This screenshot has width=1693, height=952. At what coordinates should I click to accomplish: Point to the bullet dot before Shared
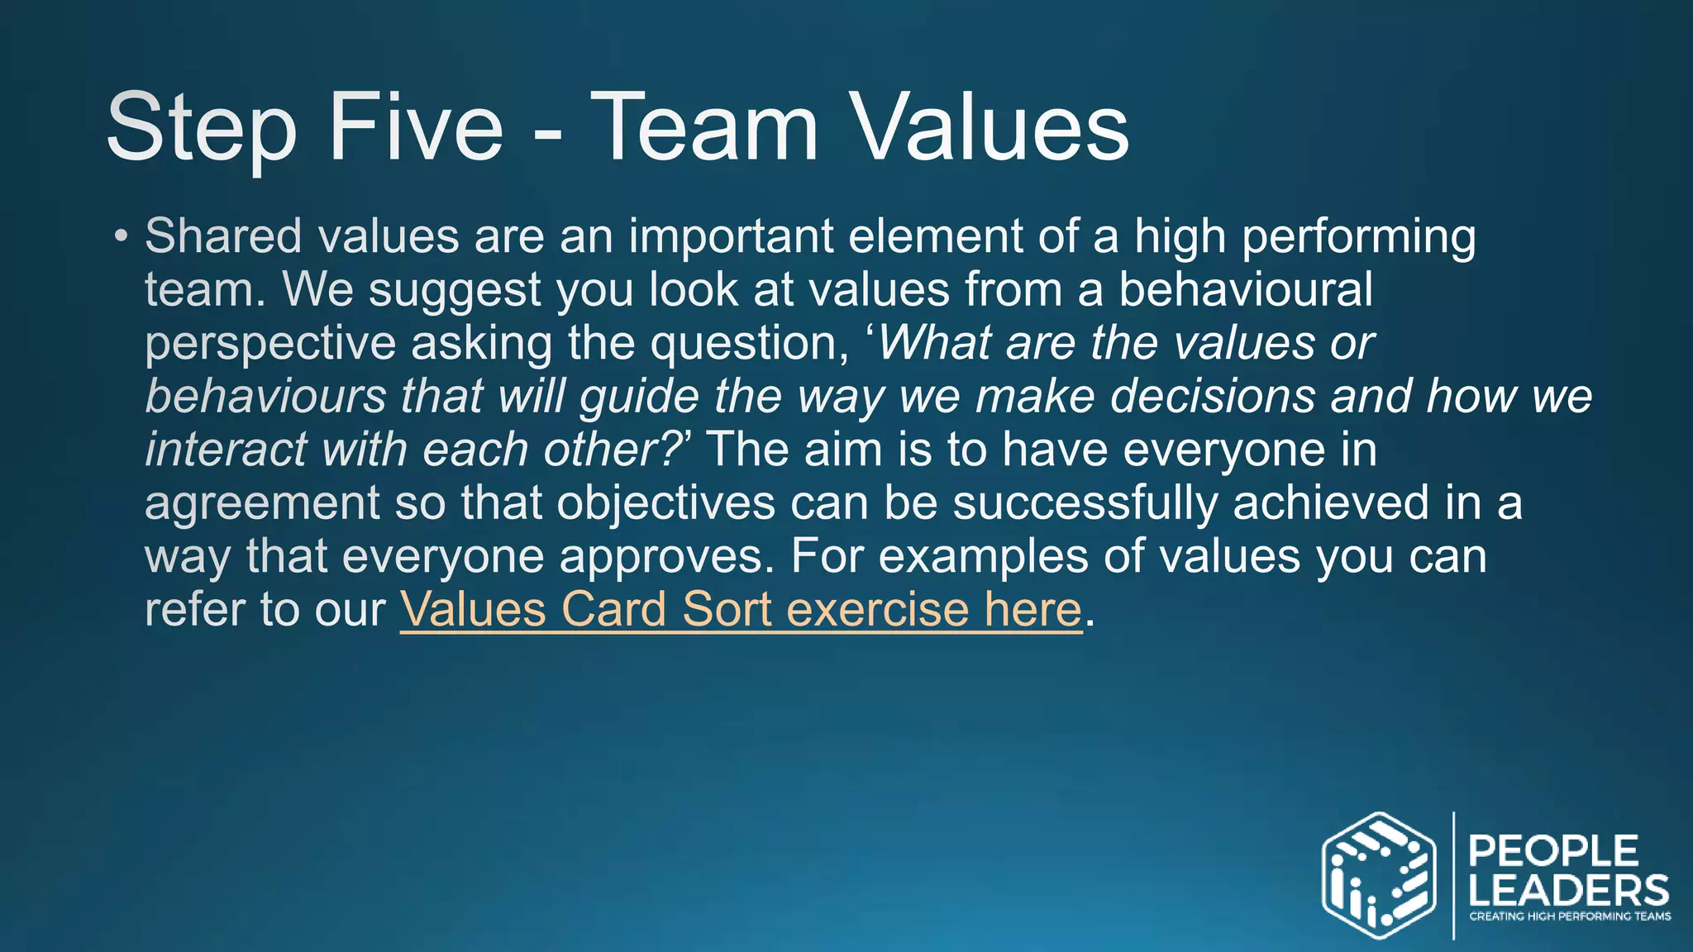[x=122, y=237]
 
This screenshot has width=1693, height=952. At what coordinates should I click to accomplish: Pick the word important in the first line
[x=731, y=236]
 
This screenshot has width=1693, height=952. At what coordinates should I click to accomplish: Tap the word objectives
[x=666, y=503]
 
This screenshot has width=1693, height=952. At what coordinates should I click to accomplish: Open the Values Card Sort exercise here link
[x=741, y=610]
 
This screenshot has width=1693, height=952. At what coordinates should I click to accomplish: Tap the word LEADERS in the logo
[x=1568, y=891]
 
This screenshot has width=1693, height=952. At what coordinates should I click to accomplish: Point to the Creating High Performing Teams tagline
[x=1569, y=916]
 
